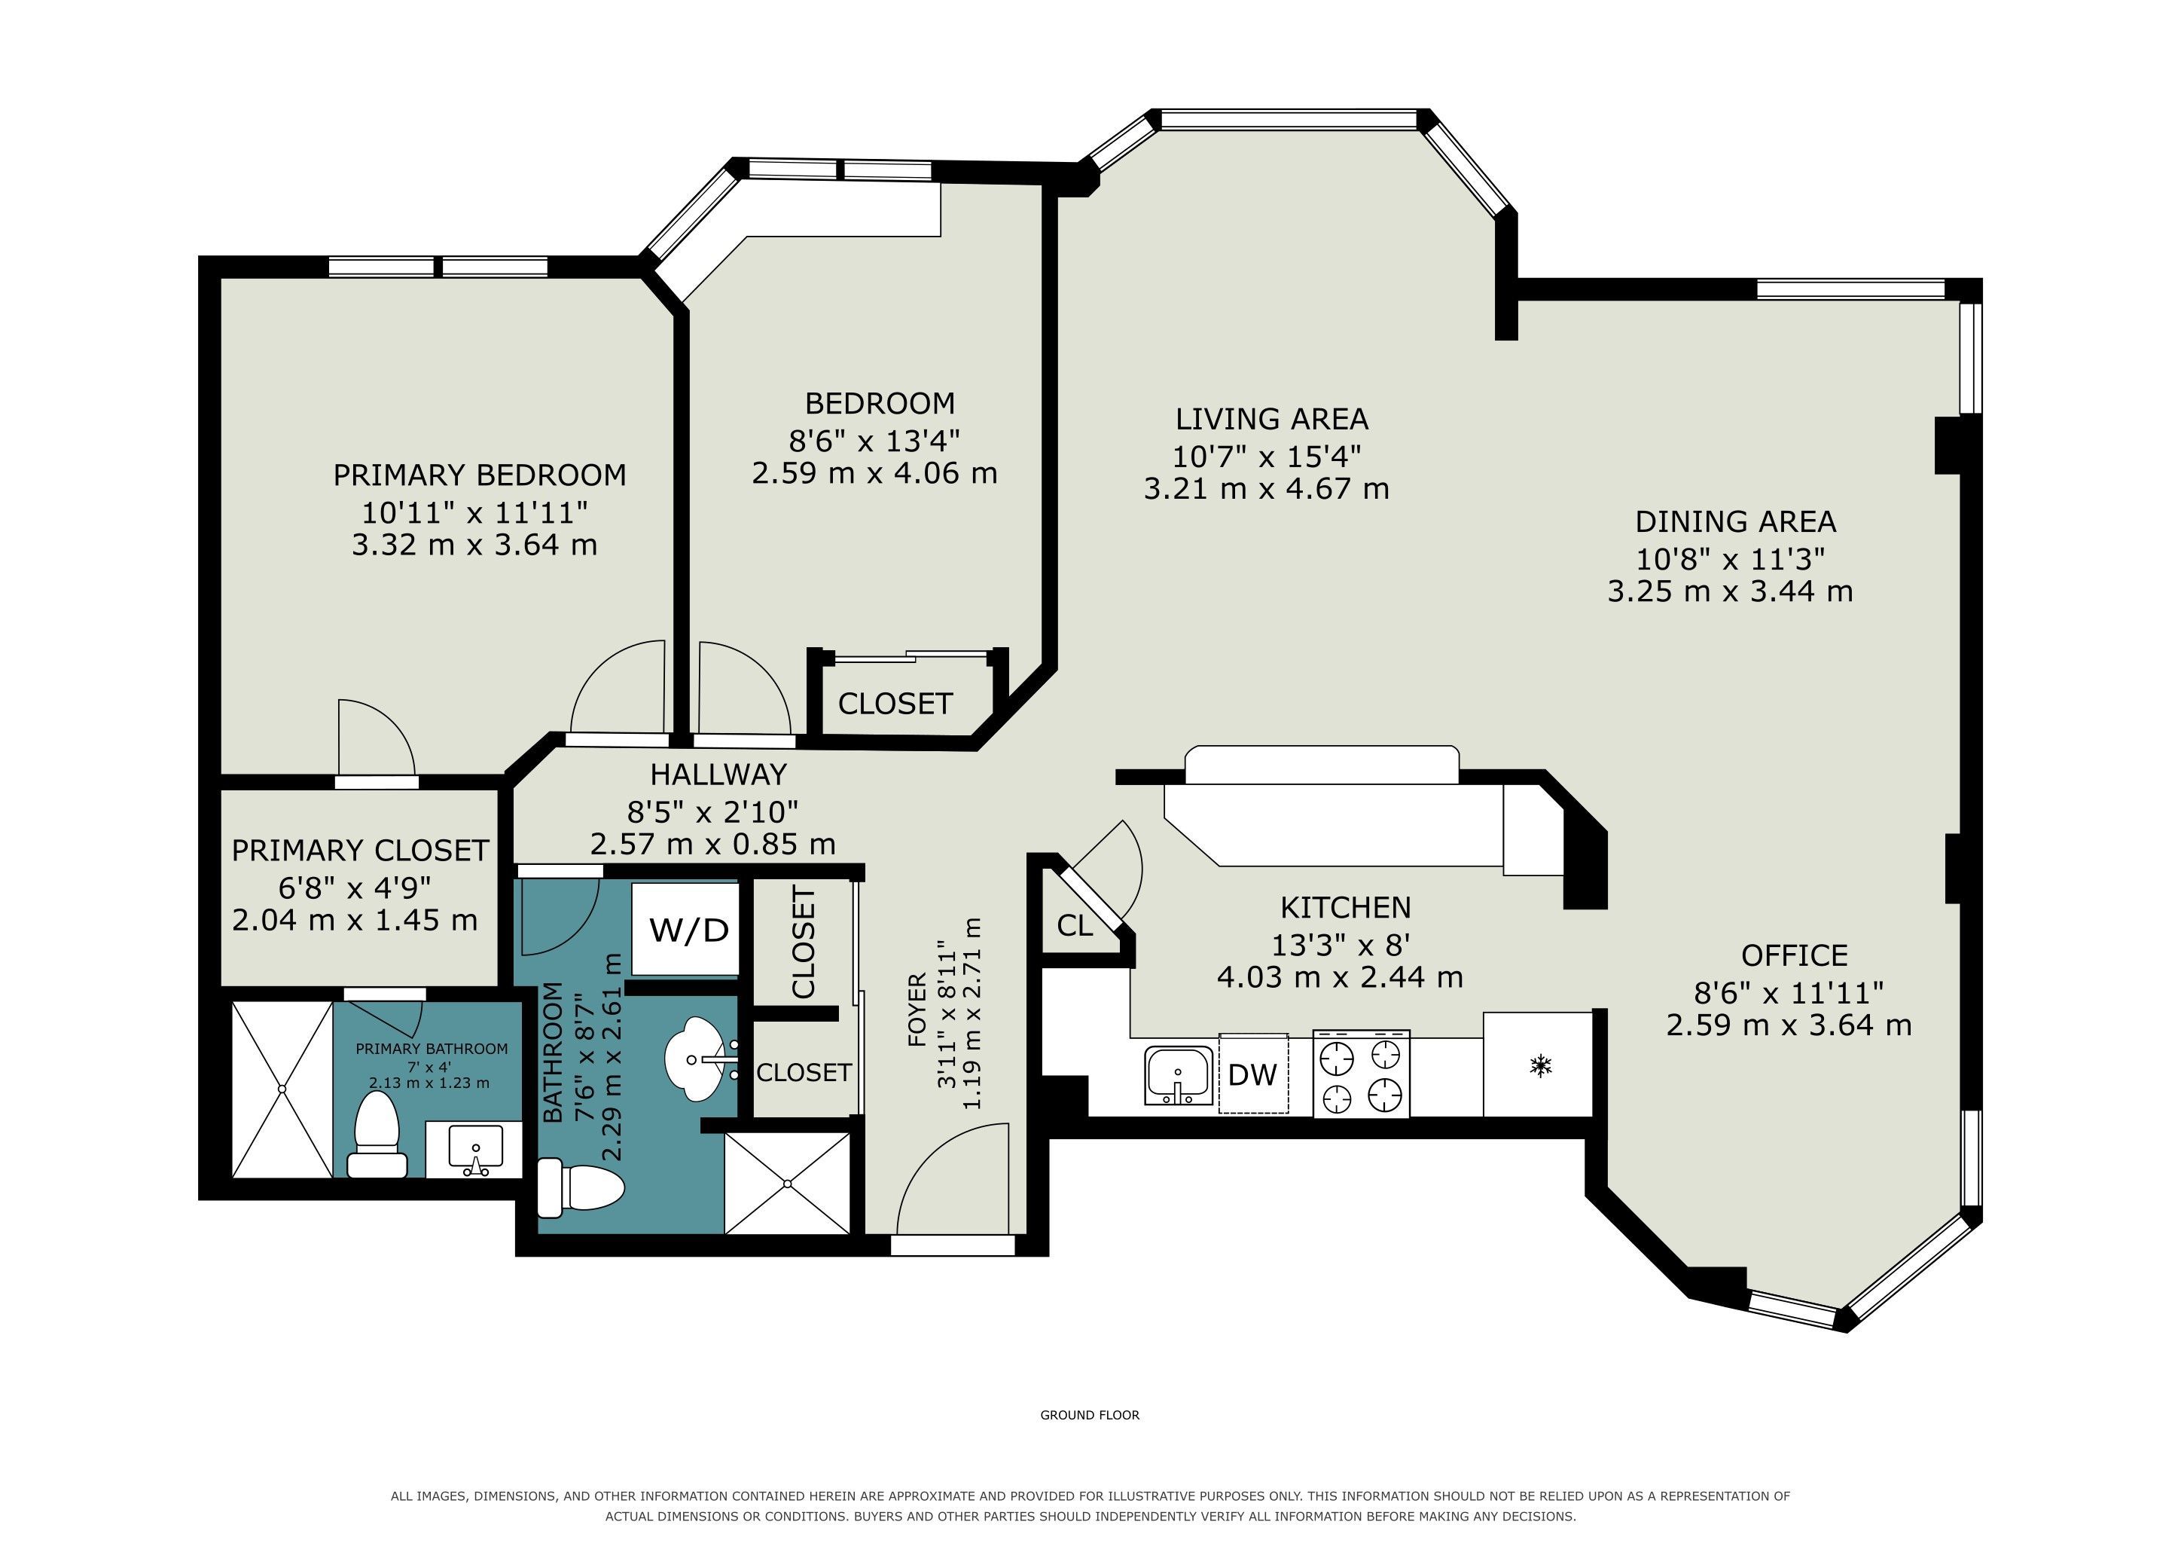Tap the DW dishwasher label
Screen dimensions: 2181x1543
(1252, 1074)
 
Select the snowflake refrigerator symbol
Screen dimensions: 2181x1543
(1539, 1066)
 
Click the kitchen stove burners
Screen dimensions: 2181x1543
(1361, 1074)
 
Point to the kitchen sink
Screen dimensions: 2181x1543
(1179, 1076)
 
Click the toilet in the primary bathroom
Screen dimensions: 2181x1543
(378, 1135)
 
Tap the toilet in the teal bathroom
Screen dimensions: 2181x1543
(581, 1187)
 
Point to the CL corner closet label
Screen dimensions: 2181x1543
(1075, 925)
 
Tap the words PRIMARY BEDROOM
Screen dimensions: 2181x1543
(480, 475)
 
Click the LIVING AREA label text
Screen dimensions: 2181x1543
(1272, 419)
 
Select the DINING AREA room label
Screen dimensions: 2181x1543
(1735, 521)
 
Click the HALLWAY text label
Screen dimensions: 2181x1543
(719, 775)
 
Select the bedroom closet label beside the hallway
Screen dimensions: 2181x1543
(895, 704)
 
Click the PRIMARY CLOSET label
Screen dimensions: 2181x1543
(360, 851)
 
